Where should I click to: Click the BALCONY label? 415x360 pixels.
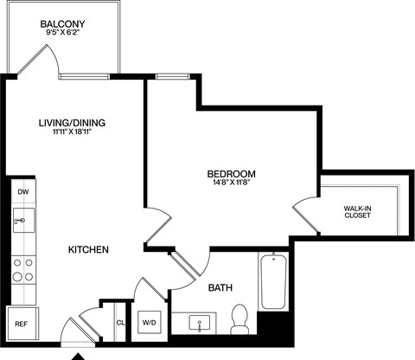pos(61,23)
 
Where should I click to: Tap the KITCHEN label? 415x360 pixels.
pos(89,250)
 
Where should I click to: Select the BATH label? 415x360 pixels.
pos(220,287)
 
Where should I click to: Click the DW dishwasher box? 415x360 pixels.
pos(23,191)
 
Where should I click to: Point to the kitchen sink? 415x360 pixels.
pos(22,222)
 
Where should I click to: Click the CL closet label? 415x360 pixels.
pos(120,323)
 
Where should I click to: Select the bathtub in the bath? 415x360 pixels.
pos(272,281)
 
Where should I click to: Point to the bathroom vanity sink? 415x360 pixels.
pos(201,324)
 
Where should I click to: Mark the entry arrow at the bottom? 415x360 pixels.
pos(79,355)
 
